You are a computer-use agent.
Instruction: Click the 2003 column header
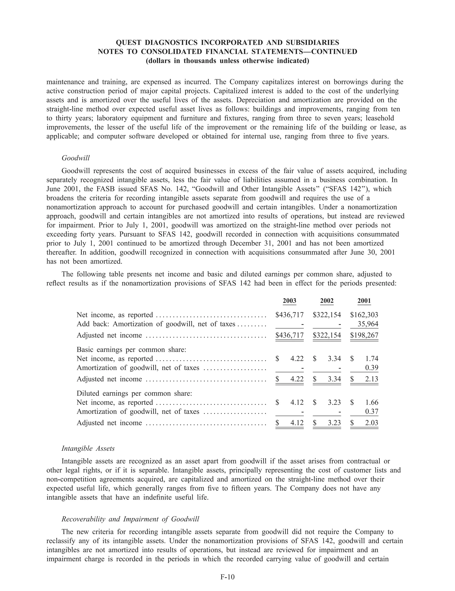(289, 301)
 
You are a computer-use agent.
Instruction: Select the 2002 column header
(327, 301)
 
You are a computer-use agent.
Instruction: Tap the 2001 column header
(364, 301)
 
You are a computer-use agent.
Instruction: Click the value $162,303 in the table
(364, 315)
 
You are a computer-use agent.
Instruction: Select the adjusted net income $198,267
(364, 335)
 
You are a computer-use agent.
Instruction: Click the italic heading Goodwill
(76, 158)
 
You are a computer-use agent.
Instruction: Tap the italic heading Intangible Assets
(88, 448)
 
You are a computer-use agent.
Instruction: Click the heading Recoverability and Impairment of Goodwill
(130, 519)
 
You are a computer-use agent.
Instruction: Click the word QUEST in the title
(128, 43)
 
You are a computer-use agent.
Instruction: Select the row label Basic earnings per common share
(131, 350)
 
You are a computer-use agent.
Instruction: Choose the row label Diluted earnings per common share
(134, 393)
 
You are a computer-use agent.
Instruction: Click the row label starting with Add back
(156, 324)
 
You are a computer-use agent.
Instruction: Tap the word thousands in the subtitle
(200, 61)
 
